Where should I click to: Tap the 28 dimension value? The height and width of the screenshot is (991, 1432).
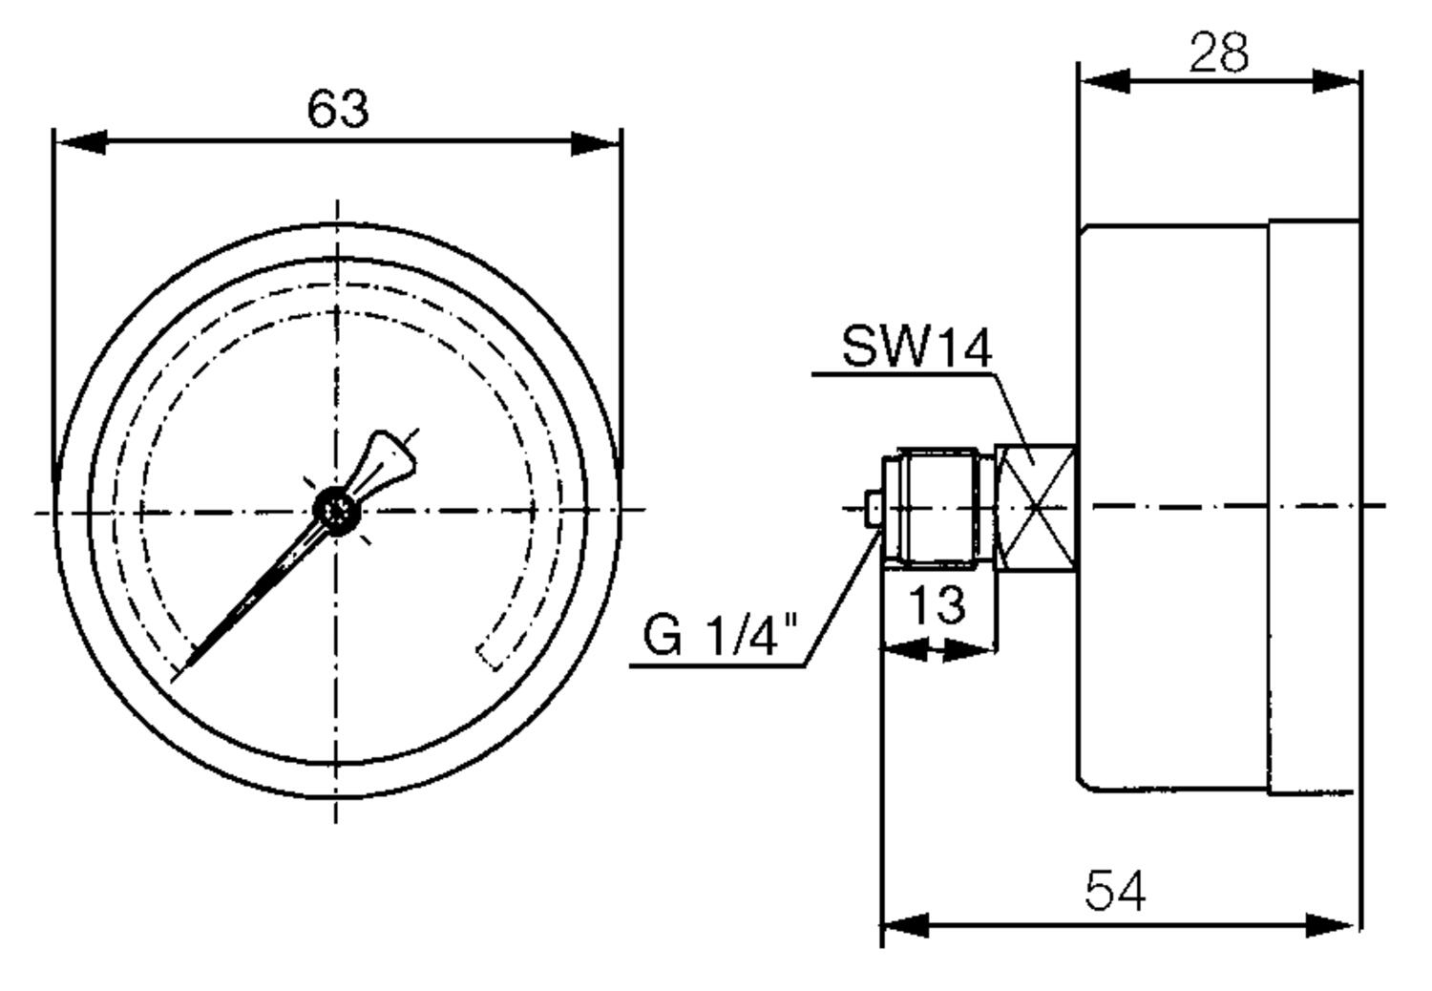pos(1218,52)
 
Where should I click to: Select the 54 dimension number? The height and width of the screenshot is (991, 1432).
pos(1116,891)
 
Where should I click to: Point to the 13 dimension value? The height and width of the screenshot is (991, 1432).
pos(937,605)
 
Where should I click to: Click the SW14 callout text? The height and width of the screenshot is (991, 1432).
pos(916,348)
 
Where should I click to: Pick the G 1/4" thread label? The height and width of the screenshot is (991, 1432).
pos(721,635)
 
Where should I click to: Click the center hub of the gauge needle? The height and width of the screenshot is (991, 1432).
pos(336,510)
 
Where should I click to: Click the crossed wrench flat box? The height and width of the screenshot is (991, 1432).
pos(1036,507)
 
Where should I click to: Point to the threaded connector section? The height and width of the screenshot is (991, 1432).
pos(938,508)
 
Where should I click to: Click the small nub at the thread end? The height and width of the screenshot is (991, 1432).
pos(874,508)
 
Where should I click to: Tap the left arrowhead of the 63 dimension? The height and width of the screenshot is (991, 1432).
pos(81,142)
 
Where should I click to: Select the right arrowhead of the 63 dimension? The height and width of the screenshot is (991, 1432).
pos(595,143)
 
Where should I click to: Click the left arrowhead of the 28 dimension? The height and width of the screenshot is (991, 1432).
pos(1105,81)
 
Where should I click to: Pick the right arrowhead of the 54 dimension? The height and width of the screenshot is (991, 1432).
pos(1331,925)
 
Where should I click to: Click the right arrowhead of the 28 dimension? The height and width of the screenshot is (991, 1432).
pos(1337,81)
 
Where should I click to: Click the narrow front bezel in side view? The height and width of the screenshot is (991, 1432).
pos(1314,507)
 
